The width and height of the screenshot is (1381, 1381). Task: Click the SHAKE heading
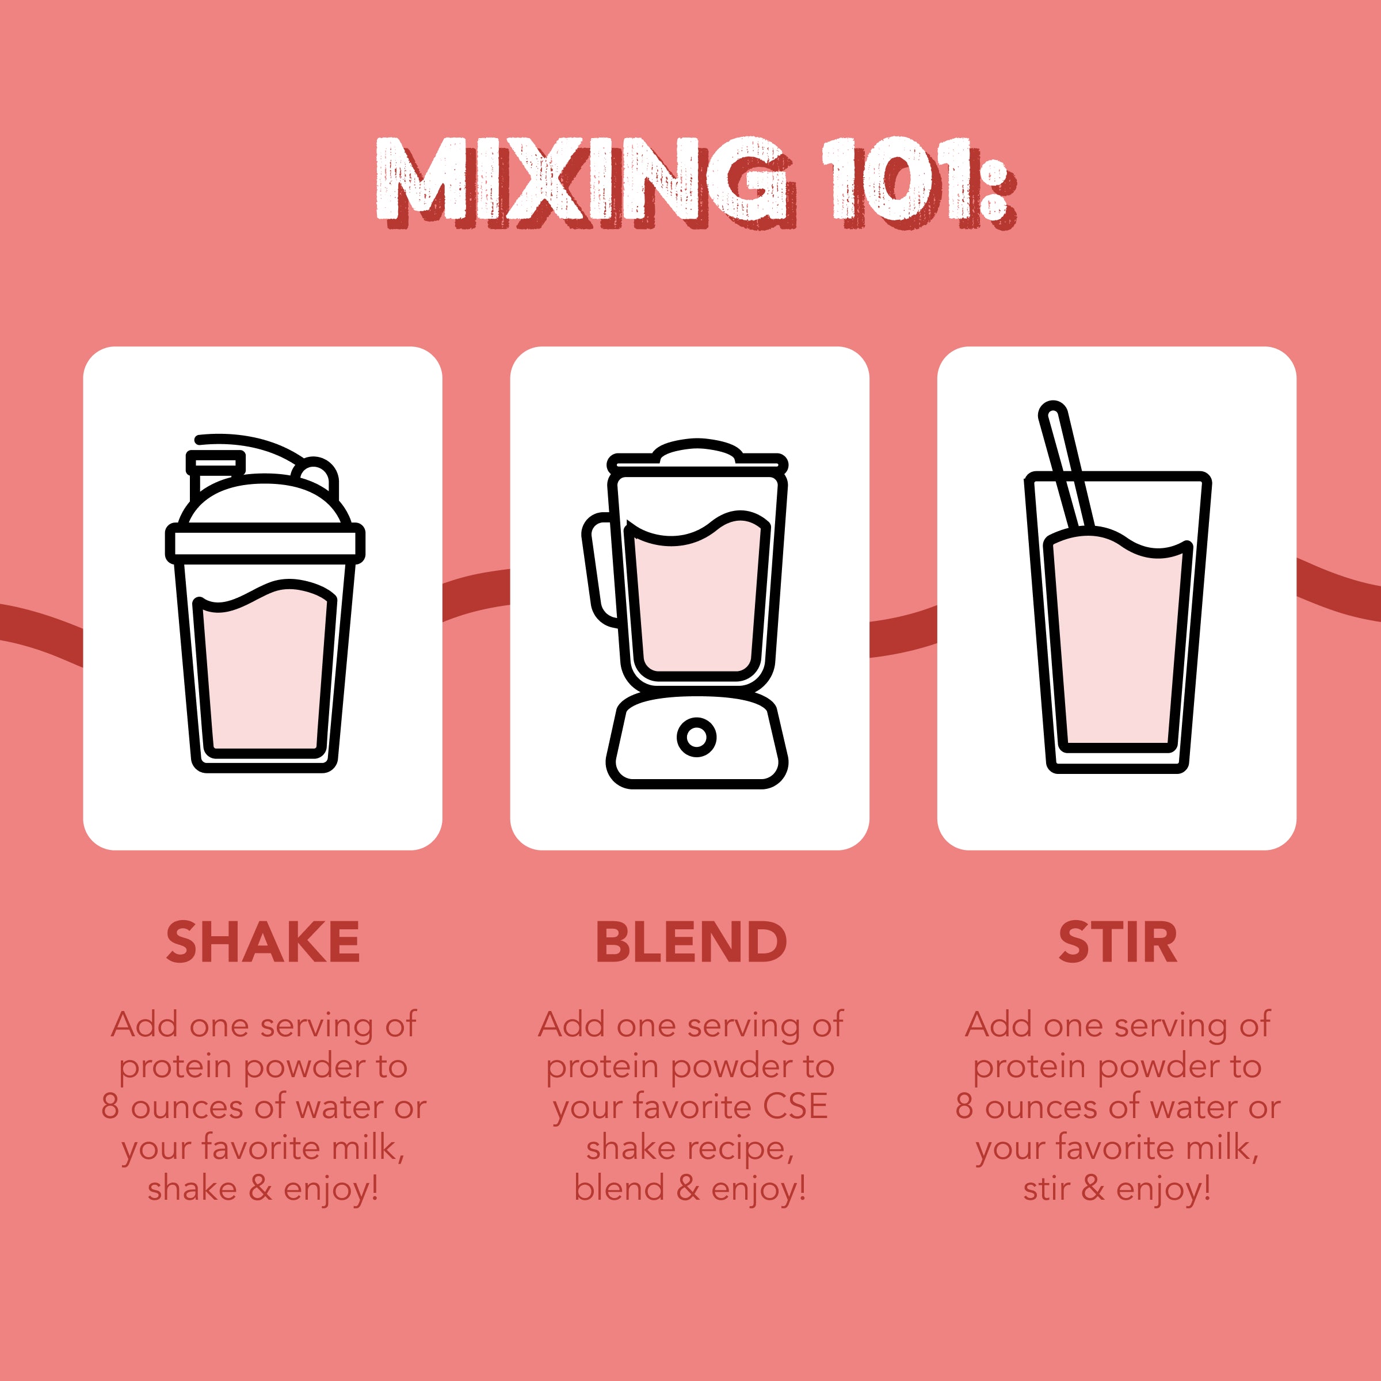(x=263, y=942)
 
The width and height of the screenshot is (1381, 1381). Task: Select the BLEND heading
(x=690, y=942)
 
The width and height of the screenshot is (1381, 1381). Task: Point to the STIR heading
(x=1117, y=942)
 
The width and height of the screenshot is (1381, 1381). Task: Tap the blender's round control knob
(x=696, y=737)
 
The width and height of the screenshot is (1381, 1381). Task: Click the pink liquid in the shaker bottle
(x=265, y=672)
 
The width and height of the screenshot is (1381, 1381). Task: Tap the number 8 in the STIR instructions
(x=964, y=1107)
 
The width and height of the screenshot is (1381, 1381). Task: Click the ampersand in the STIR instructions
(x=1093, y=1189)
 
